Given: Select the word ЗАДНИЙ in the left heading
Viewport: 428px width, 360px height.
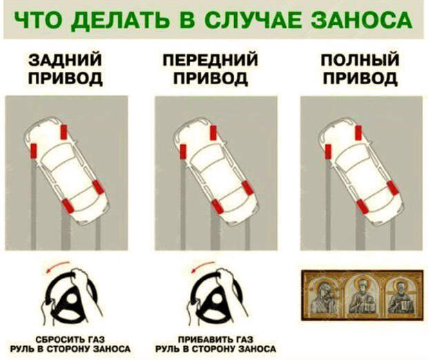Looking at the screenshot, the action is pyautogui.click(x=65, y=60).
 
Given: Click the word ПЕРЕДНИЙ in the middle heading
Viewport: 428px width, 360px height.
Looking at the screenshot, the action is pyautogui.click(x=211, y=60).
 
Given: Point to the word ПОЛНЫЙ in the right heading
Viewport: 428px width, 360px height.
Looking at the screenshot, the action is pyautogui.click(x=360, y=60).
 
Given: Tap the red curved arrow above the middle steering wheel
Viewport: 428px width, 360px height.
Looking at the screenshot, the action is pyautogui.click(x=202, y=265).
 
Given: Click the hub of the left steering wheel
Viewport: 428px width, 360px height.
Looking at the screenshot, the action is pyautogui.click(x=72, y=299).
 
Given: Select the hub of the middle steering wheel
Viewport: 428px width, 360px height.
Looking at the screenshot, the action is pyautogui.click(x=217, y=299).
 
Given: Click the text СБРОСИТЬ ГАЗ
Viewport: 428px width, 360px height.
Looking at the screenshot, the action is pyautogui.click(x=70, y=339).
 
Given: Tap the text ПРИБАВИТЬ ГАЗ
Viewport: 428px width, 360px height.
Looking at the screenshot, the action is pyautogui.click(x=215, y=339).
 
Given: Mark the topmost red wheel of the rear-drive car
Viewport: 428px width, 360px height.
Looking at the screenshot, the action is pyautogui.click(x=64, y=132).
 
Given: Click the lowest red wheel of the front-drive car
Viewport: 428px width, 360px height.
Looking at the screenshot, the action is pyautogui.click(x=217, y=207).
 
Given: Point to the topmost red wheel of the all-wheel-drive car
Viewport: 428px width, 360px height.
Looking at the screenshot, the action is pyautogui.click(x=359, y=133).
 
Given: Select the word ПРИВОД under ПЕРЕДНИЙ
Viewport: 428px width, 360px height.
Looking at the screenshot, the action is pyautogui.click(x=211, y=78).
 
